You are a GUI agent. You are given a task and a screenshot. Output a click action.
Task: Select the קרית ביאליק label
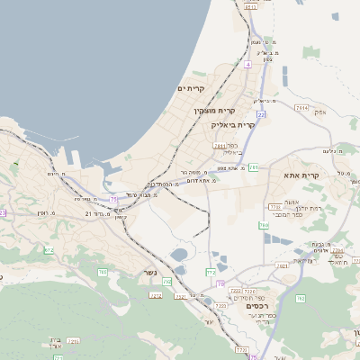(233, 125)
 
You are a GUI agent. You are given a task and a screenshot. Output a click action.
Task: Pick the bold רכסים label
(258, 306)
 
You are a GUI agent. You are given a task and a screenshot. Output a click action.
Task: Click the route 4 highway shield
(247, 65)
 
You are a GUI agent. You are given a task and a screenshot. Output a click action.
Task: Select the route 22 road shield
(260, 115)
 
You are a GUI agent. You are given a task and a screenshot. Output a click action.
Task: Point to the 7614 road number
(301, 108)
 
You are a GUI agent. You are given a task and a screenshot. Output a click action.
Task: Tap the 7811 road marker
(219, 144)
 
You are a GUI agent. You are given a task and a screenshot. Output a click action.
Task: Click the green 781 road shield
(254, 167)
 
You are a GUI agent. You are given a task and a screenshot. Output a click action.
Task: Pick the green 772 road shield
(211, 270)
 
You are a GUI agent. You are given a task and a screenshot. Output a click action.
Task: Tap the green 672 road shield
(49, 249)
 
